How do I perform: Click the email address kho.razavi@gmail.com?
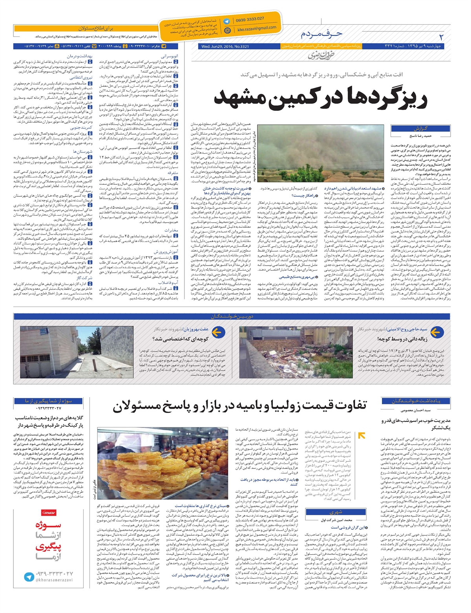(x=257, y=29)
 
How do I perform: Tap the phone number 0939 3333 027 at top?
(x=250, y=19)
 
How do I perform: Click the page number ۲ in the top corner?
(x=441, y=37)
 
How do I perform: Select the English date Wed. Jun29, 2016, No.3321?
(x=225, y=46)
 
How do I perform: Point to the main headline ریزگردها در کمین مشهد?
(x=320, y=98)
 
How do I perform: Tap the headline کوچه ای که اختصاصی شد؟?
(x=180, y=338)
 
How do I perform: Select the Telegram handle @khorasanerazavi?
(x=54, y=580)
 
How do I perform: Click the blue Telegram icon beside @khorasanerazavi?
(x=29, y=576)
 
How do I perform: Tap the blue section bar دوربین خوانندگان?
(x=232, y=316)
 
